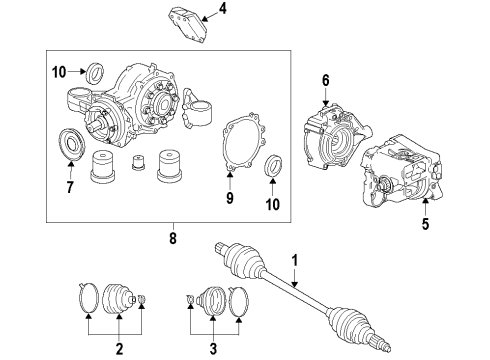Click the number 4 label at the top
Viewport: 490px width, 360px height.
pyautogui.click(x=224, y=11)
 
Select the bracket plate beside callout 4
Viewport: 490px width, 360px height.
pyautogui.click(x=187, y=21)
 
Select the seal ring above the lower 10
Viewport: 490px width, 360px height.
pyautogui.click(x=273, y=165)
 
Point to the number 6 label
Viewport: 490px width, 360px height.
pyautogui.click(x=326, y=81)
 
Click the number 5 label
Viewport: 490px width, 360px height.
pyautogui.click(x=424, y=224)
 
